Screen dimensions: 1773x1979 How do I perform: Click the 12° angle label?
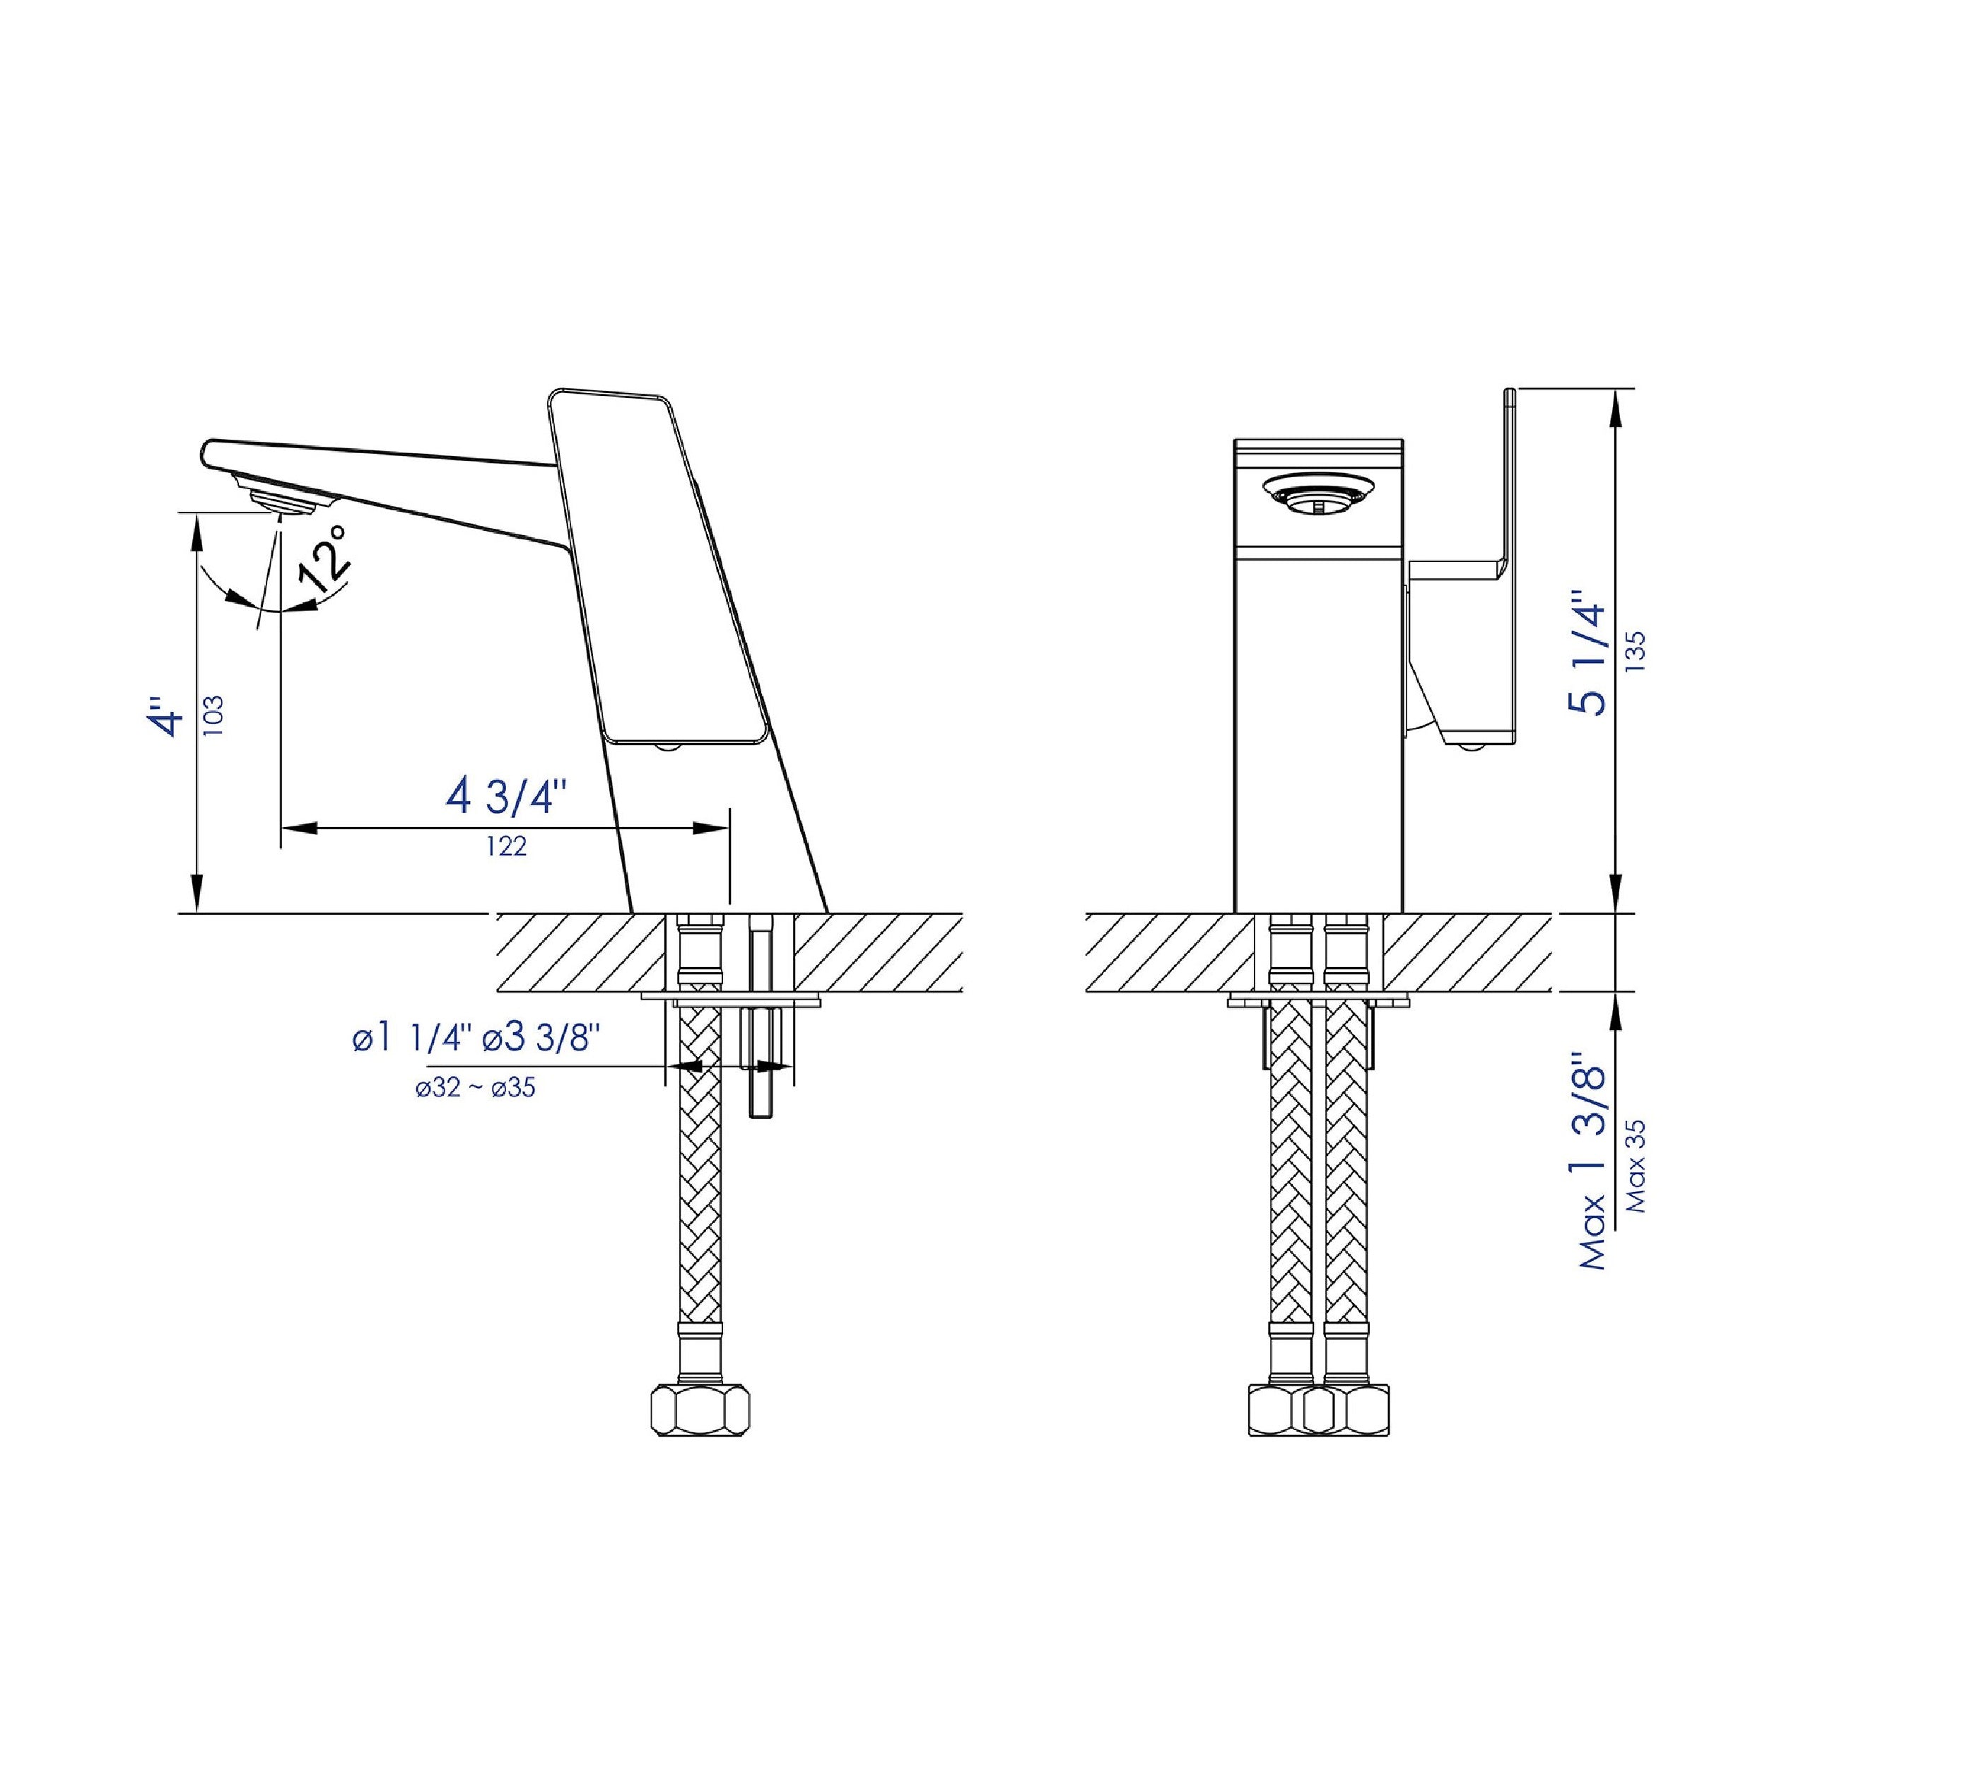tap(324, 558)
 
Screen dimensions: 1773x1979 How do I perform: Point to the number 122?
tap(507, 847)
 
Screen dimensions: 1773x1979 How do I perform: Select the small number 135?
tap(1636, 652)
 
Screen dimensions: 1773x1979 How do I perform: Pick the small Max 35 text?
tap(1637, 1165)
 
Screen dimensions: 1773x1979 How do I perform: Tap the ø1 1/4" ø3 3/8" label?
tap(475, 1038)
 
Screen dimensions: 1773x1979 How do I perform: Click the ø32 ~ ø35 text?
tap(475, 1087)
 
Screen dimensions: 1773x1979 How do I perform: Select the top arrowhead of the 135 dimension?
tap(1616, 402)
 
